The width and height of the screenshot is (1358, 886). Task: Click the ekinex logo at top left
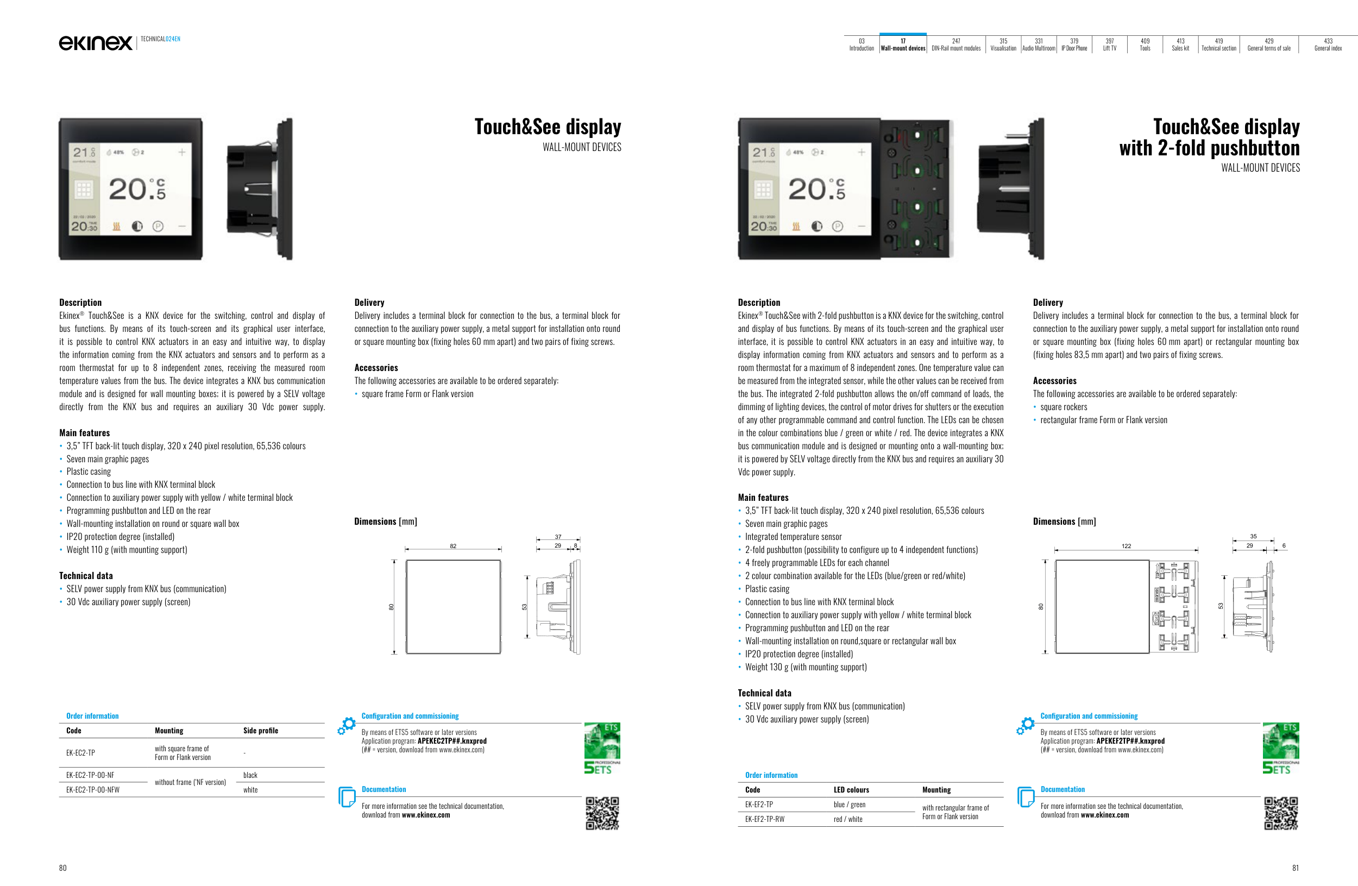tap(95, 43)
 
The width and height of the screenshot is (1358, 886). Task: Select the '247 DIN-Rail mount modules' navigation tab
tap(955, 45)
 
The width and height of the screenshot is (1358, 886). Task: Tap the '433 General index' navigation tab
tap(1328, 45)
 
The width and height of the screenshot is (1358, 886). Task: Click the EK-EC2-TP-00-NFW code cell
tap(93, 790)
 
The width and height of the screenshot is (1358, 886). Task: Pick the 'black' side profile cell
tap(250, 775)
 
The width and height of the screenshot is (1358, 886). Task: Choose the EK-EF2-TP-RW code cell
tap(765, 819)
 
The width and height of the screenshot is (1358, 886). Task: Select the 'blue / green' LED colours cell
tap(849, 805)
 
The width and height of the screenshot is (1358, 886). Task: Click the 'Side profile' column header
tap(260, 730)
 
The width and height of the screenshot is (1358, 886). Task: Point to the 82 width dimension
tap(453, 546)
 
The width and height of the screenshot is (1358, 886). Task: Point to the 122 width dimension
tap(1126, 546)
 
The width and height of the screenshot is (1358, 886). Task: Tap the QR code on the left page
tap(602, 813)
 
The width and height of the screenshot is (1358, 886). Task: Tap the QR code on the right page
tap(1281, 813)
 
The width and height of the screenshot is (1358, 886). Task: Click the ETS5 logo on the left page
tap(602, 748)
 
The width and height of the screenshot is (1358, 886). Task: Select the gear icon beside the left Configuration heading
tap(347, 725)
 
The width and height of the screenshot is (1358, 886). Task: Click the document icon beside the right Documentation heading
tap(1026, 796)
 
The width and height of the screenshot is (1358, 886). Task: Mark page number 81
tap(1294, 868)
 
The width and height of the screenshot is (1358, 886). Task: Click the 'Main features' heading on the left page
tap(84, 432)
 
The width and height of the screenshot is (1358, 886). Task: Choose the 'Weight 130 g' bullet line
tap(806, 667)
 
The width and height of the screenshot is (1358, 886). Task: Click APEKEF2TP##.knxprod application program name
tap(1130, 741)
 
